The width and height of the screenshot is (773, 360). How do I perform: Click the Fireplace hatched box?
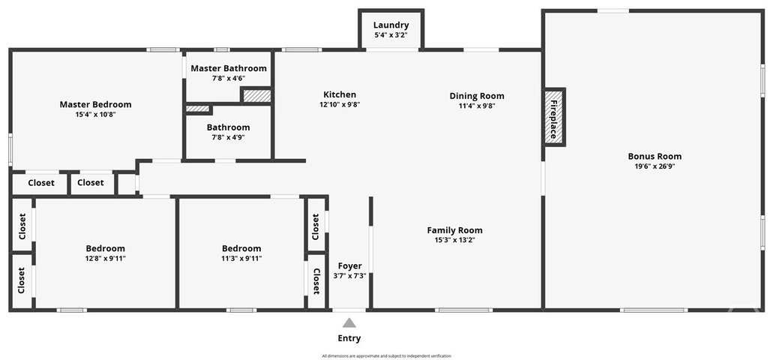(554, 117)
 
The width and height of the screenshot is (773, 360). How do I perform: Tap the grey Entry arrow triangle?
(349, 323)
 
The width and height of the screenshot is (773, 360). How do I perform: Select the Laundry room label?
(391, 25)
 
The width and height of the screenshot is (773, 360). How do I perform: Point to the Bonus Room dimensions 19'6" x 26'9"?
(655, 166)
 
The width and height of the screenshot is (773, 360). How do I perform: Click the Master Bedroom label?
(96, 104)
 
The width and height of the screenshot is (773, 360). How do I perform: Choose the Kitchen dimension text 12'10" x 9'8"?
(340, 104)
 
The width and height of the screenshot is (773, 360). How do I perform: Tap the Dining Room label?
(477, 96)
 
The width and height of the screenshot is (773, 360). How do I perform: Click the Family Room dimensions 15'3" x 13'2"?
(454, 240)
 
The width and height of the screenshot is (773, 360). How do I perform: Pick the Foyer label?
(349, 266)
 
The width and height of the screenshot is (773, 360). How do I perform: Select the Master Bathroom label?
(229, 68)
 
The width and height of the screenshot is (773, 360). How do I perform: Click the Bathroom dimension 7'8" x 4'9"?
(228, 136)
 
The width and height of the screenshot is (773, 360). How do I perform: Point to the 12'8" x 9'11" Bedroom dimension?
(106, 258)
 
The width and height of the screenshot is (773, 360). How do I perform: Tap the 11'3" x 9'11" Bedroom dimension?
(241, 258)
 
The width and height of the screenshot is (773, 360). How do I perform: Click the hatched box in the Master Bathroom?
(256, 96)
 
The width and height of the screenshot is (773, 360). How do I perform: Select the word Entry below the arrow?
(349, 338)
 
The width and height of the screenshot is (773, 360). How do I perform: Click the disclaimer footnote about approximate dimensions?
(387, 355)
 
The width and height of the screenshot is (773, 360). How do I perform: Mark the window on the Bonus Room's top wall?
(613, 10)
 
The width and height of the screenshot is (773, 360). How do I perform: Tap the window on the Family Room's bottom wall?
(464, 310)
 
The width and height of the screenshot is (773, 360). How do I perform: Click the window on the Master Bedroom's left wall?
(10, 149)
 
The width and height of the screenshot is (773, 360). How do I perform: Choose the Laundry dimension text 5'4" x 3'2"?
(391, 35)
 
